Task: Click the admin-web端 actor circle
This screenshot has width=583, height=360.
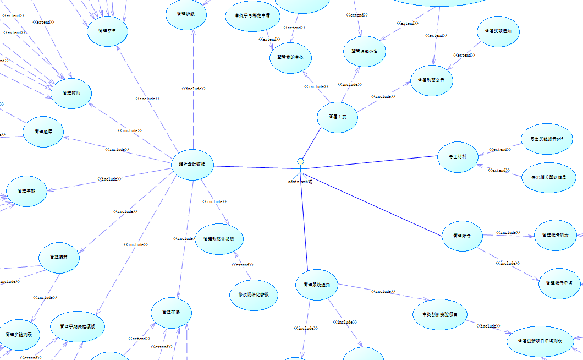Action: pyautogui.click(x=300, y=162)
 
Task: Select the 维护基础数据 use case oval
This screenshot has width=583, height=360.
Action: pyautogui.click(x=193, y=164)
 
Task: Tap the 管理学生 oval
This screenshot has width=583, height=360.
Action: pyautogui.click(x=108, y=31)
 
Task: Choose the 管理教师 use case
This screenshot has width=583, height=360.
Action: pyautogui.click(x=71, y=93)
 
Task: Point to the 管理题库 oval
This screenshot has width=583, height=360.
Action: pyautogui.click(x=43, y=132)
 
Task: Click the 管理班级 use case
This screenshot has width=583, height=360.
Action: pyautogui.click(x=187, y=14)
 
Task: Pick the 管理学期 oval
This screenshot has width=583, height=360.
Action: pyautogui.click(x=26, y=191)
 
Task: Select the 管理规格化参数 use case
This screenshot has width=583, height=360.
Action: pyautogui.click(x=219, y=239)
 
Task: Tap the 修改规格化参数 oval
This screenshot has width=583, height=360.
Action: pyautogui.click(x=254, y=295)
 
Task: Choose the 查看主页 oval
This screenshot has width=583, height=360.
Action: pyautogui.click(x=337, y=117)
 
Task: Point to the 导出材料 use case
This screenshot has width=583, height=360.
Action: pyautogui.click(x=458, y=157)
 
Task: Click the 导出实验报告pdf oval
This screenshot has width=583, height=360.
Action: pyautogui.click(x=547, y=139)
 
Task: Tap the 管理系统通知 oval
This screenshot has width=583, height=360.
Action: pyautogui.click(x=316, y=285)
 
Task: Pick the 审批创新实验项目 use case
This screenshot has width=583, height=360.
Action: pyautogui.click(x=439, y=314)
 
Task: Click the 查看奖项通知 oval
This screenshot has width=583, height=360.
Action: pyautogui.click(x=499, y=31)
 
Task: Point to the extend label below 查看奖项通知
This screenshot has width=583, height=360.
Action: pyautogui.click(x=464, y=55)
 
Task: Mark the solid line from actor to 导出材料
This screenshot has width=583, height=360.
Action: pyautogui.click(x=374, y=163)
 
